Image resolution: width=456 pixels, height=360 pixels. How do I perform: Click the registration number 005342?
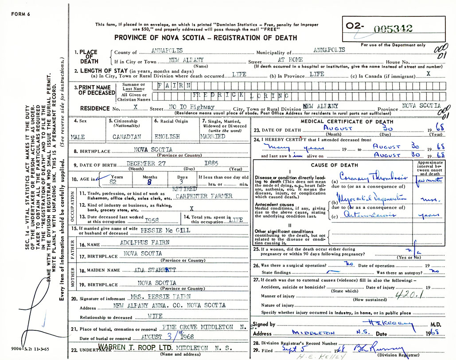click(393, 29)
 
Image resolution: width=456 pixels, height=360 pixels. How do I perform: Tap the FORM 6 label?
click(20, 14)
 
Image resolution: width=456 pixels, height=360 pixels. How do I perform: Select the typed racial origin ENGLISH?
click(167, 137)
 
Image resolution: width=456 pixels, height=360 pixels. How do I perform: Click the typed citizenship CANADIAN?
click(127, 137)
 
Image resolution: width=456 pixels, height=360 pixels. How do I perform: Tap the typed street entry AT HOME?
click(290, 59)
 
